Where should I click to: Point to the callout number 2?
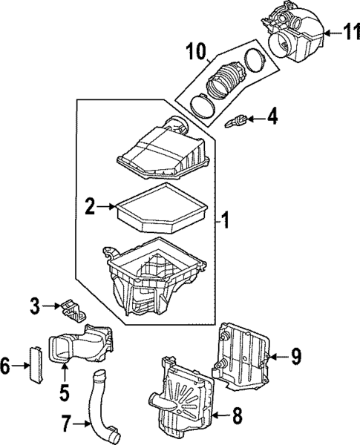pyautogui.click(x=90, y=208)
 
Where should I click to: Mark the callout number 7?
pyautogui.click(x=67, y=424)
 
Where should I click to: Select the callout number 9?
pyautogui.click(x=295, y=357)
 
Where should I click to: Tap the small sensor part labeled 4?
pyautogui.click(x=238, y=119)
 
